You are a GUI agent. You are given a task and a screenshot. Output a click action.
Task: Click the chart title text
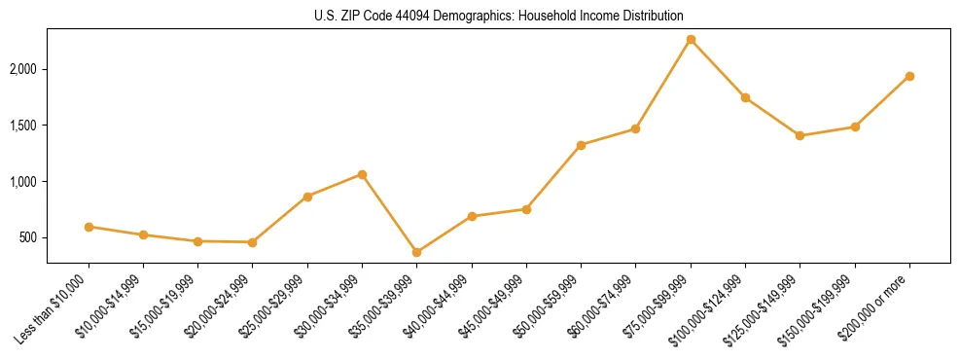(x=499, y=16)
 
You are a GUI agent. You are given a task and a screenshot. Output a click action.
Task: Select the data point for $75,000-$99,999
(x=691, y=40)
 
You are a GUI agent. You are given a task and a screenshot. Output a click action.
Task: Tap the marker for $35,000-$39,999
(x=417, y=253)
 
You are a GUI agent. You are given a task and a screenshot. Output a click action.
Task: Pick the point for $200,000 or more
(x=909, y=76)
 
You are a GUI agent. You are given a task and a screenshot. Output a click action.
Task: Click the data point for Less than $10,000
(x=89, y=227)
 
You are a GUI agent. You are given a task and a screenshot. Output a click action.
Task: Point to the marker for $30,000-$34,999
(x=362, y=174)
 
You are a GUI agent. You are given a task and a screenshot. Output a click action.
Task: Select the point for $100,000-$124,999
(x=745, y=97)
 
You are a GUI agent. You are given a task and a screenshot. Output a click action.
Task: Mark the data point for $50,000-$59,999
(x=581, y=145)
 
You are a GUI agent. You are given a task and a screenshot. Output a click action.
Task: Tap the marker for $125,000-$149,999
(x=800, y=136)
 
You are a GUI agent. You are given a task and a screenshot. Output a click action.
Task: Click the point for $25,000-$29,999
(x=307, y=197)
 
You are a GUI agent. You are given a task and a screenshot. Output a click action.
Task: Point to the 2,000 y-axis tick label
(x=23, y=69)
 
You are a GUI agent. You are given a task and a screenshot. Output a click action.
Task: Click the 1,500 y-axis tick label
(x=23, y=126)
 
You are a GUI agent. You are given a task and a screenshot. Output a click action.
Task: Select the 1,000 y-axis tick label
(x=23, y=182)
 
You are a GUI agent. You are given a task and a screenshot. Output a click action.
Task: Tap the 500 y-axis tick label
(x=29, y=237)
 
